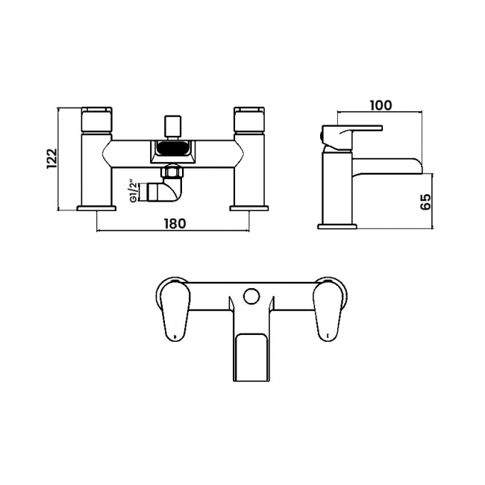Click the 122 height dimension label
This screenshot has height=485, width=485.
pyautogui.click(x=52, y=159)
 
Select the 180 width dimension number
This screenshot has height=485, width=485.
pyautogui.click(x=175, y=223)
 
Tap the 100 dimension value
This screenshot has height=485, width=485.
pyautogui.click(x=381, y=105)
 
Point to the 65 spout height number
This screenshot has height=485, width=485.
pyautogui.click(x=426, y=201)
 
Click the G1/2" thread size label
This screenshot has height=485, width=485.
pyautogui.click(x=134, y=193)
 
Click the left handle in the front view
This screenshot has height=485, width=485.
pyautogui.click(x=96, y=120)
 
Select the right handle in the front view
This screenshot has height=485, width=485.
pyautogui.click(x=250, y=120)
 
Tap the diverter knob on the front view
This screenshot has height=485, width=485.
pyautogui.click(x=172, y=128)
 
